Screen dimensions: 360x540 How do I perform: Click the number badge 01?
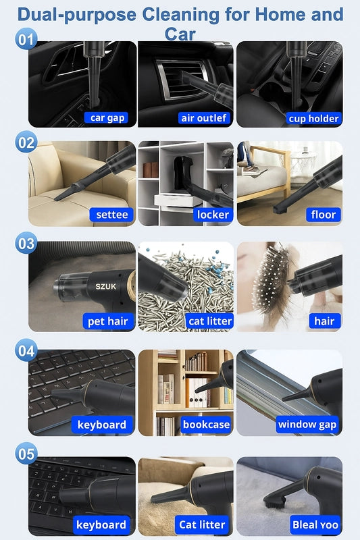(26, 39)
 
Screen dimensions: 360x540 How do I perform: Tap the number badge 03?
(26, 244)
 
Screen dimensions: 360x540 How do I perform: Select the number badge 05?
(26, 454)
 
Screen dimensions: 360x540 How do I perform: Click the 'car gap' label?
(107, 117)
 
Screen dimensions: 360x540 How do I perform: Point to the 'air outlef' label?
(203, 118)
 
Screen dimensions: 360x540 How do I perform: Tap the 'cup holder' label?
(313, 119)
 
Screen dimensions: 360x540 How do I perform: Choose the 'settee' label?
(111, 215)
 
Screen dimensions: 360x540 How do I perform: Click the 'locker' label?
(213, 215)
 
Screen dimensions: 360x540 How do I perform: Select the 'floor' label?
(323, 215)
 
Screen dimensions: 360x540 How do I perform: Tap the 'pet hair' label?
(107, 321)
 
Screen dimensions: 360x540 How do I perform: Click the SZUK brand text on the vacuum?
(106, 286)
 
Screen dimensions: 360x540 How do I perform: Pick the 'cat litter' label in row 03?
(210, 321)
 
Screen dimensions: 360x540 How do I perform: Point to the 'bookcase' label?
(206, 425)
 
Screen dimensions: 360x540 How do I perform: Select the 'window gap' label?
(307, 425)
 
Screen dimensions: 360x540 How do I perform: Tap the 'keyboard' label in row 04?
(101, 425)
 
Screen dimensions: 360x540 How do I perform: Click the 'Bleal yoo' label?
(315, 524)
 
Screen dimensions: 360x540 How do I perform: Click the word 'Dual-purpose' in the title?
(77, 15)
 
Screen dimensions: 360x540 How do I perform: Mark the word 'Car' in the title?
(180, 34)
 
